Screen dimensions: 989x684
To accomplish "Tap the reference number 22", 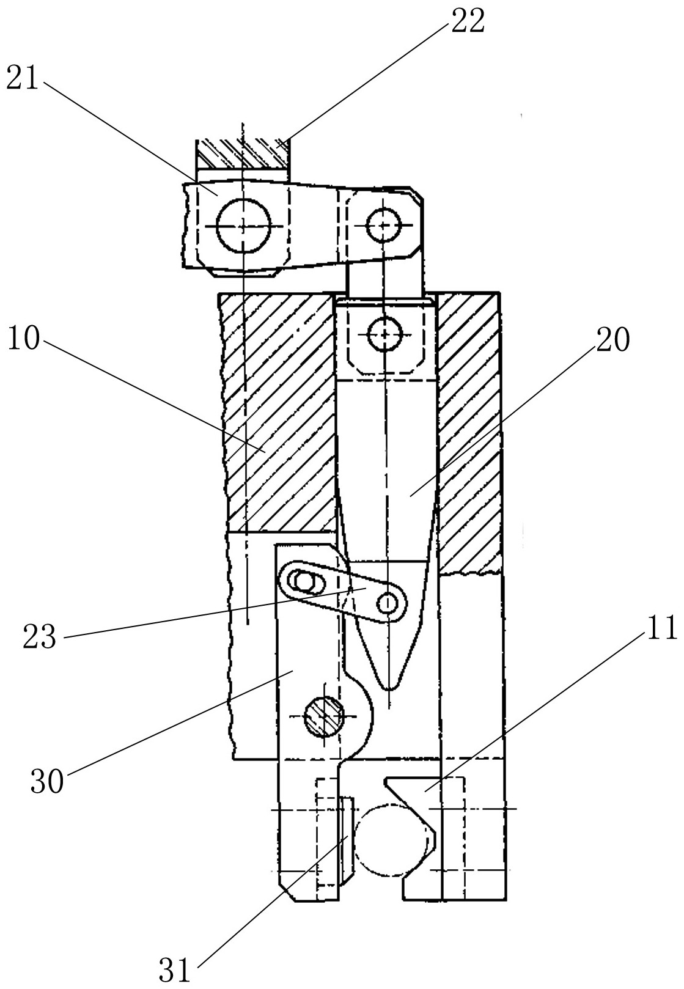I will (x=468, y=23).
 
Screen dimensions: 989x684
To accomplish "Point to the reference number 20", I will (x=612, y=339).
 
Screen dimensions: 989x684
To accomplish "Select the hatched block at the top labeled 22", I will (x=242, y=153).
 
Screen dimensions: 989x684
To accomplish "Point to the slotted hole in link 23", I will (x=303, y=581).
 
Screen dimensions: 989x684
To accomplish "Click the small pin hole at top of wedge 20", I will (x=384, y=334).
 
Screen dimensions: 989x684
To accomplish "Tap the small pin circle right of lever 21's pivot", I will (x=383, y=226).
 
